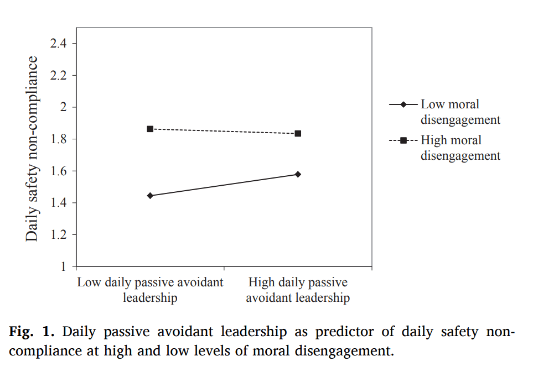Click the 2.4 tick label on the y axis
tap(59, 43)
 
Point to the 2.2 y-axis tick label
tap(59, 75)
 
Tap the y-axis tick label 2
tap(63, 107)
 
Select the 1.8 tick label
tap(59, 139)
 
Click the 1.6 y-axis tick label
tap(59, 171)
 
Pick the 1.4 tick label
tap(59, 203)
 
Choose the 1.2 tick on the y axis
tap(59, 234)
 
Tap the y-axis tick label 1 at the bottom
tap(63, 266)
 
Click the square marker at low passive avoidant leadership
tap(150, 129)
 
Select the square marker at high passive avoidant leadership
tap(298, 133)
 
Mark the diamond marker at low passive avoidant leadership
tap(150, 196)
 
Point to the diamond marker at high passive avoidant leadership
tap(298, 174)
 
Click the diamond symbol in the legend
tap(404, 104)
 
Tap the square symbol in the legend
tap(404, 140)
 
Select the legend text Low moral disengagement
tap(460, 112)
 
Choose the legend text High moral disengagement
tap(460, 148)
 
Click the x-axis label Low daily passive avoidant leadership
tap(150, 290)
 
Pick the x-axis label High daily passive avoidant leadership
tap(298, 290)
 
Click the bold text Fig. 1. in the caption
tap(32, 332)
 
